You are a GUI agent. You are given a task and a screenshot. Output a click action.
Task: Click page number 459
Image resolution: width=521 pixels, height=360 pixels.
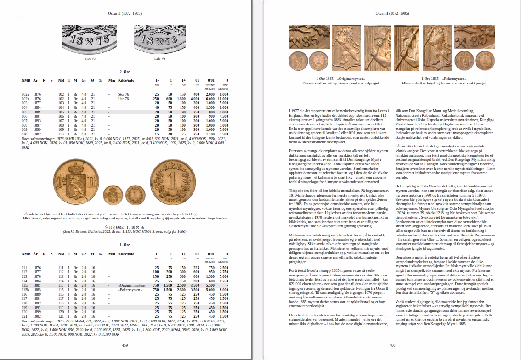coord(125,345)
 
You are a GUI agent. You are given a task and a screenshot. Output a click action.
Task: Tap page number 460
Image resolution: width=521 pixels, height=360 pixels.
coord(392,345)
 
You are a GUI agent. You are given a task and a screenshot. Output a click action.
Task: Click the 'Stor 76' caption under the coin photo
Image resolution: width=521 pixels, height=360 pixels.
coord(90,58)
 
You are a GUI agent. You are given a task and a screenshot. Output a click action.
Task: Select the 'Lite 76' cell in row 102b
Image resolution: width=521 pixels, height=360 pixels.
coord(124,99)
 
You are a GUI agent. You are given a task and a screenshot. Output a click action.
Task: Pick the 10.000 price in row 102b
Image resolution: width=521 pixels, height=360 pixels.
coord(224,99)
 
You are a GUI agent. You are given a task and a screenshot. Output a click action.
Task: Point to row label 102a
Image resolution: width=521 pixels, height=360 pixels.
coord(26,94)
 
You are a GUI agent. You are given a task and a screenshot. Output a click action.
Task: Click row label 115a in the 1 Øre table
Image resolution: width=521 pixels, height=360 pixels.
coord(26,285)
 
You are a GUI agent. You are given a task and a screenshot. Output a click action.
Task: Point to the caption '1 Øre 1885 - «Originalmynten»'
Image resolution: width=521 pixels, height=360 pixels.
coord(321,79)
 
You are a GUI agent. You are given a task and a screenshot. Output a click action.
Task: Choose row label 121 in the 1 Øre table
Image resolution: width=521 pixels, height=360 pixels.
coord(25,317)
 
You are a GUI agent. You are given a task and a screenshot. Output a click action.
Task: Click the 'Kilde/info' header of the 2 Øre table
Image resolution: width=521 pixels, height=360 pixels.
coord(126,81)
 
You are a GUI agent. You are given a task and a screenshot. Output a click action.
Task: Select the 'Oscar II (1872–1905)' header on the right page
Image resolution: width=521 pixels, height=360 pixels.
coord(392,14)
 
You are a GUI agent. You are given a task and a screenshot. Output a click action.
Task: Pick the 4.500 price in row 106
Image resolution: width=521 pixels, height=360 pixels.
coord(224,117)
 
